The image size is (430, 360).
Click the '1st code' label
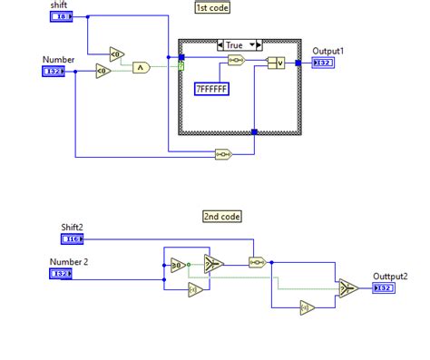211,7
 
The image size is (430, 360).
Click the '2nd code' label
222,216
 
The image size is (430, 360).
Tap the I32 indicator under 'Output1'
324,63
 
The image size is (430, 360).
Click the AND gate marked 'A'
141,66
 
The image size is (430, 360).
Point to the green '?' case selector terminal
181,66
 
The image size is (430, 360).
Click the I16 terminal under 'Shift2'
73,238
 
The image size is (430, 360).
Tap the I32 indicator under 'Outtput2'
384,287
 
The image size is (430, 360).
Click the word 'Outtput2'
390,276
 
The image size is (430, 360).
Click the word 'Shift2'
73,227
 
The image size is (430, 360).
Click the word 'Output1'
327,51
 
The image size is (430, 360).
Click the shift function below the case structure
224,154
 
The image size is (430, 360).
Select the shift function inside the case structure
235,61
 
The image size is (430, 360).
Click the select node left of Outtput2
347,287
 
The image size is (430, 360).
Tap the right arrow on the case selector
258,44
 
